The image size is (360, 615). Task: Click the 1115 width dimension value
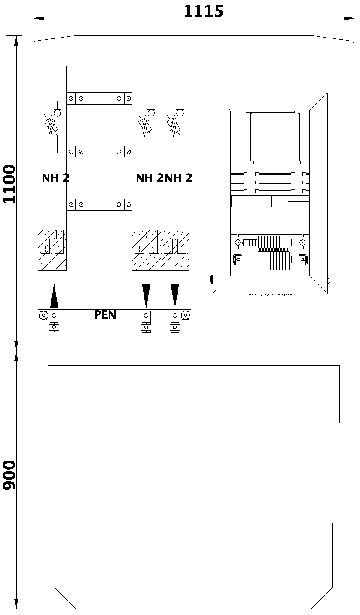203,11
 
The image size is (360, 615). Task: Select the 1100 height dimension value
9,184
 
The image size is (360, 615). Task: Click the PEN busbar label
105,314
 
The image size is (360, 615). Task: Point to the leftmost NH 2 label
55,178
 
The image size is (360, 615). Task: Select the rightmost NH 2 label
178,178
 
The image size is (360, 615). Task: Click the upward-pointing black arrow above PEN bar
54,297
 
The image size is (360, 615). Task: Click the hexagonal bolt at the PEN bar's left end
44,315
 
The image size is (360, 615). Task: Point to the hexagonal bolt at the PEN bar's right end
185,314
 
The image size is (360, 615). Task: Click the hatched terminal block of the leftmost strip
52,250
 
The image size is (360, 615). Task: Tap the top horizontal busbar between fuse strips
99,99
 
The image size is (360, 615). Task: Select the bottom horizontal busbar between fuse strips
99,205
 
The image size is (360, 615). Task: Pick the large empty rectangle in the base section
193,394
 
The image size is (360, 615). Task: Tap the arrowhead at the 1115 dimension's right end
349,18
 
